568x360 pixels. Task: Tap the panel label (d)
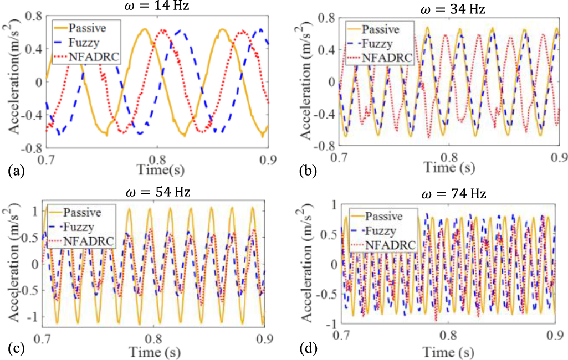pyautogui.click(x=308, y=350)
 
